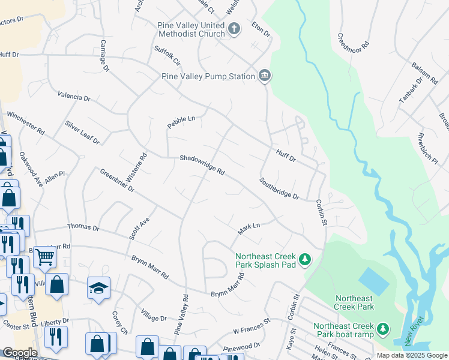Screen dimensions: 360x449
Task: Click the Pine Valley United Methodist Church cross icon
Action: pyautogui.click(x=234, y=28)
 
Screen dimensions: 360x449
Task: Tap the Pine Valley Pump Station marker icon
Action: pyautogui.click(x=265, y=76)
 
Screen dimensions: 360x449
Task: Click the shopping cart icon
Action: pyautogui.click(x=44, y=257)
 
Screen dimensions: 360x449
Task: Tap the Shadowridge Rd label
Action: pyautogui.click(x=202, y=166)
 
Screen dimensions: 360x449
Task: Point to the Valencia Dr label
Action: pyautogui.click(x=74, y=96)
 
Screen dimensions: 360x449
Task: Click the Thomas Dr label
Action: pyautogui.click(x=83, y=227)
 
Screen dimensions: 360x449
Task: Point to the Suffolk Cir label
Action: pyautogui.click(x=167, y=56)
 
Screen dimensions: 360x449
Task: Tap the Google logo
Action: pyautogui.click(x=20, y=353)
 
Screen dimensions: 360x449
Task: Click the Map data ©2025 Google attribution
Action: pyautogui.click(x=411, y=355)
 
